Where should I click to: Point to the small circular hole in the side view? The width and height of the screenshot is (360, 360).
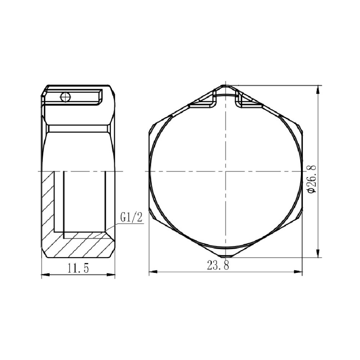tap(65, 96)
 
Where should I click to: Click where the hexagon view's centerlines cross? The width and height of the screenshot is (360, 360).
tap(225, 171)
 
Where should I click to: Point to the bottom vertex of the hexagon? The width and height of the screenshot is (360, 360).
tap(225, 257)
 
